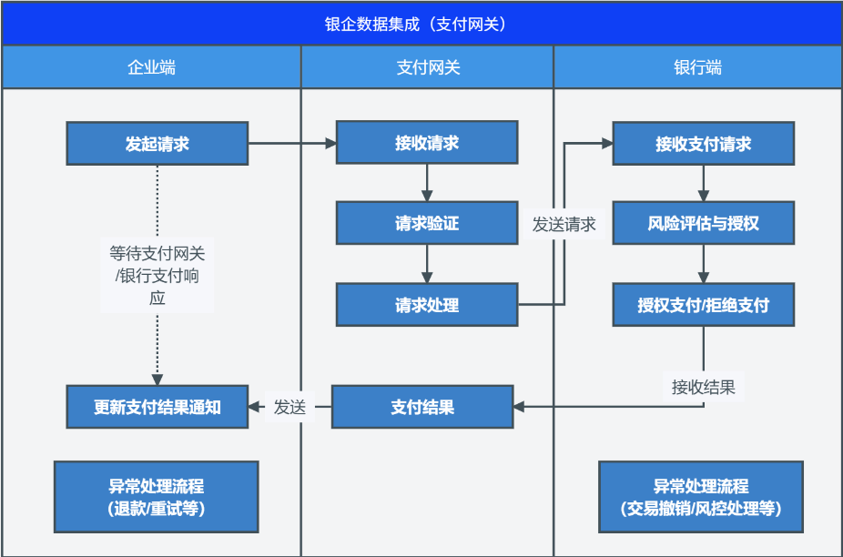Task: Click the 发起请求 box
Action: (x=157, y=144)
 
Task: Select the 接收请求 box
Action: (x=427, y=143)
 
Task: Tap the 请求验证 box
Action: (x=427, y=223)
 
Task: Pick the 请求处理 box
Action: (x=427, y=305)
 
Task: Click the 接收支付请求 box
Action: (x=703, y=144)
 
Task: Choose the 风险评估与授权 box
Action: (x=703, y=223)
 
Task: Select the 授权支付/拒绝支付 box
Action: (x=703, y=305)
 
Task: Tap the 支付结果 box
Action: (x=422, y=407)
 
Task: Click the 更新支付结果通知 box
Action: (x=157, y=407)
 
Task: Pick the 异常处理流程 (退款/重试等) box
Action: (x=157, y=497)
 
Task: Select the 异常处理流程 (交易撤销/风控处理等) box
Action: (x=701, y=497)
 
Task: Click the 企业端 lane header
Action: (x=152, y=67)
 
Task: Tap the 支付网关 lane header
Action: (x=427, y=67)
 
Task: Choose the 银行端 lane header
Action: (x=698, y=67)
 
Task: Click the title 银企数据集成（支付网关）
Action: (x=415, y=25)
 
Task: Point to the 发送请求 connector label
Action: (x=564, y=224)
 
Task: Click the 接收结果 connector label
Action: (x=703, y=387)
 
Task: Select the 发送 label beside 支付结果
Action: (x=289, y=407)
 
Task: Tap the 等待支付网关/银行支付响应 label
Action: (x=157, y=275)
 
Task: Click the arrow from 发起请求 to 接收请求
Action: (x=292, y=144)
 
